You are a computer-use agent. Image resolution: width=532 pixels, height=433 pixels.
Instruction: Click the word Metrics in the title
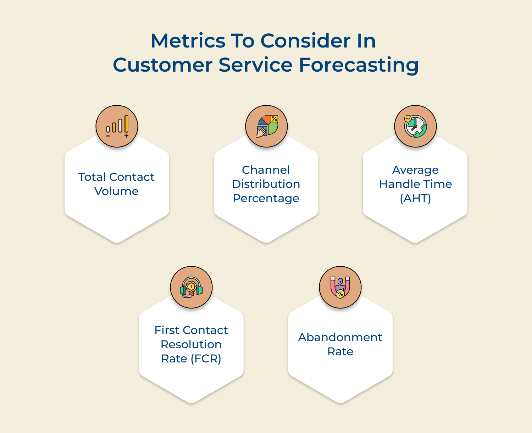188,41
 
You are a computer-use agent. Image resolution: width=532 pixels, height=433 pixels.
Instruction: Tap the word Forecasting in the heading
359,65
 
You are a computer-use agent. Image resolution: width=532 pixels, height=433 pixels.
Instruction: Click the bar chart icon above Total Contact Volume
117,126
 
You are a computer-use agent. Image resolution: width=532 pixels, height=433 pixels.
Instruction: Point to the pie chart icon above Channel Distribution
266,126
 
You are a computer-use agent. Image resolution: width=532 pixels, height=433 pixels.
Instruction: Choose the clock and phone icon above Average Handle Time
415,126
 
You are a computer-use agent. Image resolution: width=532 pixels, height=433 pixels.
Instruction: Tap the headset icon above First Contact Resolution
191,287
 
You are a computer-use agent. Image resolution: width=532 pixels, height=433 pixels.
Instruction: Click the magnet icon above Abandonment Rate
340,287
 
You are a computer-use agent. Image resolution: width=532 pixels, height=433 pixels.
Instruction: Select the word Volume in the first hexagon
116,191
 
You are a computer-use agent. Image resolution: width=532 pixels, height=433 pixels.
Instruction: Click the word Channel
266,170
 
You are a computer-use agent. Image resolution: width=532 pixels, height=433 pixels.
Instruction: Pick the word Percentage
266,198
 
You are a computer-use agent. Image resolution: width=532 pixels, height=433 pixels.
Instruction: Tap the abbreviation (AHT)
415,198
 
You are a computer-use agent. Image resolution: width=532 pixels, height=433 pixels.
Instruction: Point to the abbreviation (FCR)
206,359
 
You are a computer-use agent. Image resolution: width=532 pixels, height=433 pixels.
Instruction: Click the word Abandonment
340,337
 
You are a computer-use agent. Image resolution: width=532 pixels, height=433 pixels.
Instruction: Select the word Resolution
191,344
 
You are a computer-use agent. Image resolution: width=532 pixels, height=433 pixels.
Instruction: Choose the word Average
415,170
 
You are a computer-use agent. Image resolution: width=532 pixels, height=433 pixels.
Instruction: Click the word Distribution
266,184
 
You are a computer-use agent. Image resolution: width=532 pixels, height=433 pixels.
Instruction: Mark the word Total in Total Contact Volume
92,177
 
